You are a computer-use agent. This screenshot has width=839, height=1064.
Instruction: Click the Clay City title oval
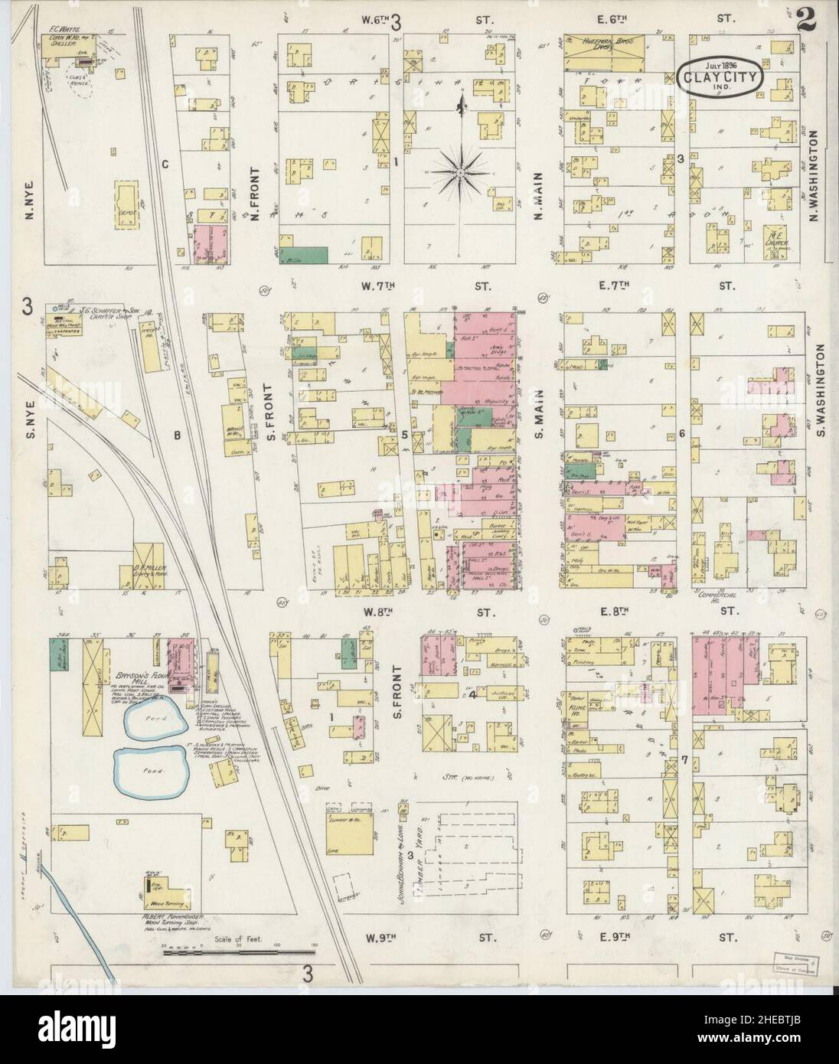[x=717, y=77]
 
